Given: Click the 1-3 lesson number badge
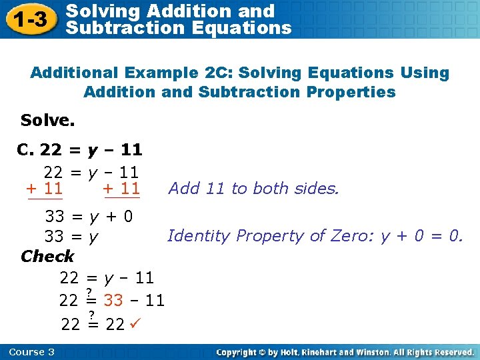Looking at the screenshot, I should pos(31,19).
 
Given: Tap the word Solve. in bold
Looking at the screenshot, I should pos(47,120).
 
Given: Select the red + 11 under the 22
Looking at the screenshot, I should pos(45,188).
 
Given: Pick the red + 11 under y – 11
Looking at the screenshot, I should pos(122,188).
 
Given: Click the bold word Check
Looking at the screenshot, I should pos(47,256).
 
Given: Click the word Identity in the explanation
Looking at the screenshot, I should pos(194,235).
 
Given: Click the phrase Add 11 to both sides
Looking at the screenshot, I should pos(254,189).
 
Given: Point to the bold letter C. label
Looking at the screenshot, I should pos(25,149).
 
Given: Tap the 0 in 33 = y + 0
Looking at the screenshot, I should pos(127,216).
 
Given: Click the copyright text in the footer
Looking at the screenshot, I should pos(345,352).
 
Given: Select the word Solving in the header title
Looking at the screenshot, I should pos(103,11).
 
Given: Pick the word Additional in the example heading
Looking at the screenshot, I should pos(73,73).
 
